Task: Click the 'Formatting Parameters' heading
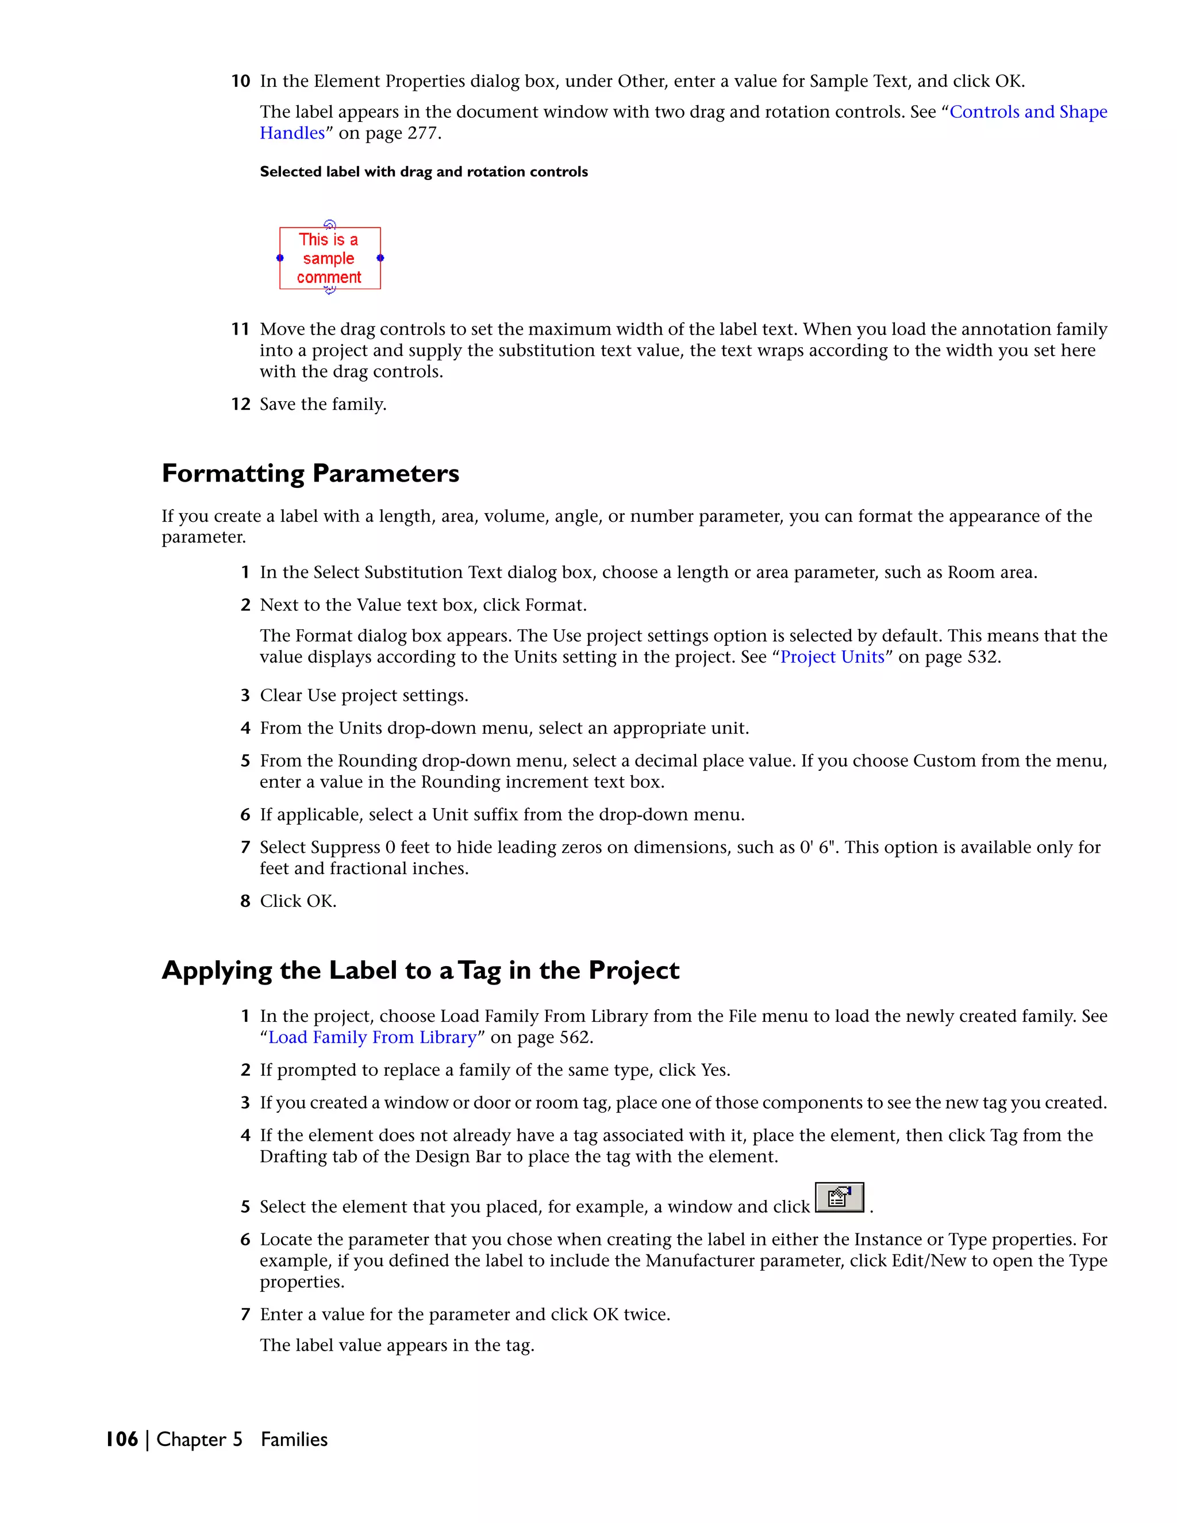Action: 310,474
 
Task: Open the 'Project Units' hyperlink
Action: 832,657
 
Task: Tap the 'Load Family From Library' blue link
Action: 372,1037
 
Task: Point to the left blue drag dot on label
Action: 280,258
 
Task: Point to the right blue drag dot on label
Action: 380,258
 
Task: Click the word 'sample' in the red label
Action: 328,259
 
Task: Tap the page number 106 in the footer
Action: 122,1439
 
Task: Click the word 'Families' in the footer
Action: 294,1439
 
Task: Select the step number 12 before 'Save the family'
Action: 241,405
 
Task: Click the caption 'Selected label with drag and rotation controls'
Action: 423,171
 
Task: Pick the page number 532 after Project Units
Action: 982,657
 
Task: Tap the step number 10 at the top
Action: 241,82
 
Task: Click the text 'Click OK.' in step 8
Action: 298,901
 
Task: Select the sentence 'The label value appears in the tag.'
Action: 397,1345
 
